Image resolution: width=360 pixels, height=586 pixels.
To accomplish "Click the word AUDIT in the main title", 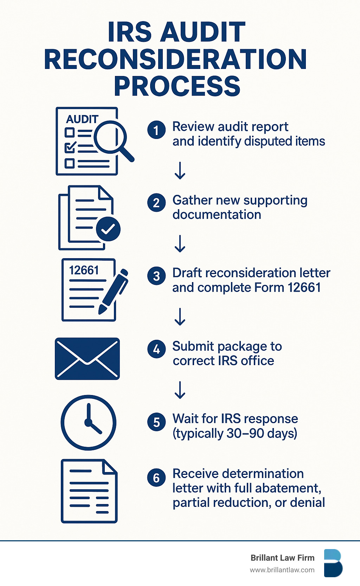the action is [202, 32].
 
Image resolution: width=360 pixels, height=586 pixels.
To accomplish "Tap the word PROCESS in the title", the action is [177, 86].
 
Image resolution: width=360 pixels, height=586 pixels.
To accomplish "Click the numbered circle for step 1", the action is [156, 130].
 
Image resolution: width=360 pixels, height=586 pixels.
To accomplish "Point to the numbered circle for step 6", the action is [156, 478].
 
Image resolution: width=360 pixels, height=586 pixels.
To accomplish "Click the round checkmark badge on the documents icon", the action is [108, 229].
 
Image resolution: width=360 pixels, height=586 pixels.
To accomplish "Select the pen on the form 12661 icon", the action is [114, 291].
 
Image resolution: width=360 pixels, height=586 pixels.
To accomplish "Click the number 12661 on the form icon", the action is [84, 270].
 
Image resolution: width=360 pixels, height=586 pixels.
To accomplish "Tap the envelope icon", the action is [87, 359].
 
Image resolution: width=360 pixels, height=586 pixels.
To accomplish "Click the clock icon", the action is [89, 422].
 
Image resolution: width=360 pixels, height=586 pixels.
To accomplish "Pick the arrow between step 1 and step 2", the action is [180, 171].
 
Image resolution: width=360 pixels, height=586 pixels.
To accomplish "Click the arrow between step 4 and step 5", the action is [180, 390].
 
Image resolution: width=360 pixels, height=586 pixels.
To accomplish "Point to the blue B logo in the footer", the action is [333, 563].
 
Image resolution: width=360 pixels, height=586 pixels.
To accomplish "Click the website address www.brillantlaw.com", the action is [282, 570].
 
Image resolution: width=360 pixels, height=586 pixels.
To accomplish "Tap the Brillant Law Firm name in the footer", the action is [283, 558].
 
